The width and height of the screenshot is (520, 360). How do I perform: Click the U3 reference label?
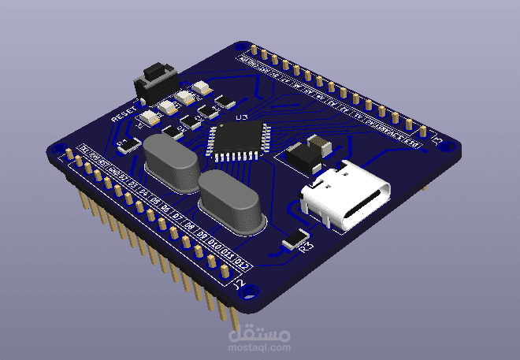coord(241,119)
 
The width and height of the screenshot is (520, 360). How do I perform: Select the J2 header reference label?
coord(240,282)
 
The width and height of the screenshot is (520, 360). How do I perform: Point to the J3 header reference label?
coord(436,138)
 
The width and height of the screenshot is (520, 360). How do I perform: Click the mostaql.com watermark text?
coord(259,340)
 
